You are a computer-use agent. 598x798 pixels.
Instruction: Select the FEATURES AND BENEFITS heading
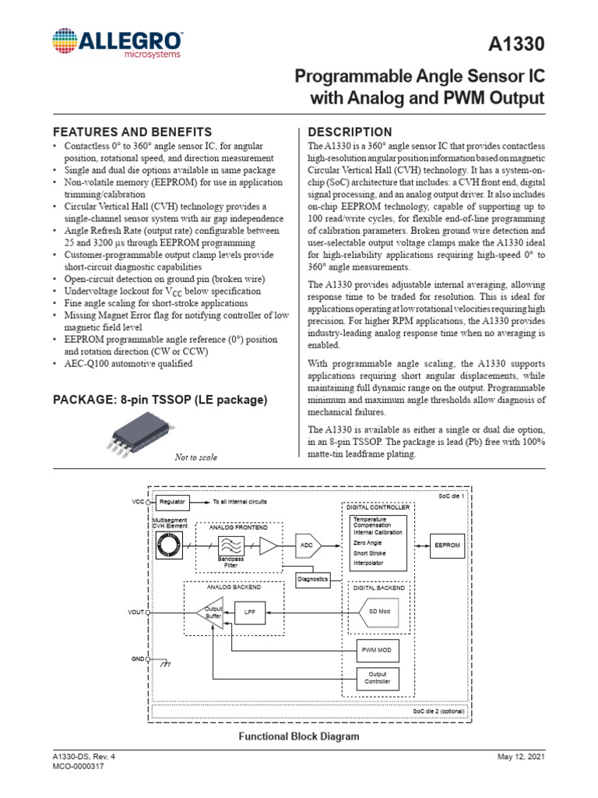click(131, 132)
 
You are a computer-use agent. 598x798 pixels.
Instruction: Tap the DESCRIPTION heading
click(350, 132)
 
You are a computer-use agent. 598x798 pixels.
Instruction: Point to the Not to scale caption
click(195, 457)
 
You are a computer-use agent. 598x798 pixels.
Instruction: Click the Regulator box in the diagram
click(173, 503)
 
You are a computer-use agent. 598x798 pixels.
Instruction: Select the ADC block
click(308, 546)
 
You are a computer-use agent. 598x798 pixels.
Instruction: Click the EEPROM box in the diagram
click(447, 546)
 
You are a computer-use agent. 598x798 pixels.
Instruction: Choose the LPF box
click(250, 613)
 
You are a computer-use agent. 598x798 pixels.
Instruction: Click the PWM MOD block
click(378, 648)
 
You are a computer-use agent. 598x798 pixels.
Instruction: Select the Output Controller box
click(378, 679)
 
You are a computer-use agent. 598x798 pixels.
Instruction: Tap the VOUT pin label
click(137, 613)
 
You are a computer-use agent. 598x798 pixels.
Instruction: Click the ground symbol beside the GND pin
click(164, 664)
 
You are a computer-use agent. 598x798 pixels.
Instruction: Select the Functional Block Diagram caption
click(298, 736)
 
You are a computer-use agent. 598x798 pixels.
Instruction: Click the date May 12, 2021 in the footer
click(522, 757)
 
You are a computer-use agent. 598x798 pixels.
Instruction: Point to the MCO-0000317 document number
click(79, 768)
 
